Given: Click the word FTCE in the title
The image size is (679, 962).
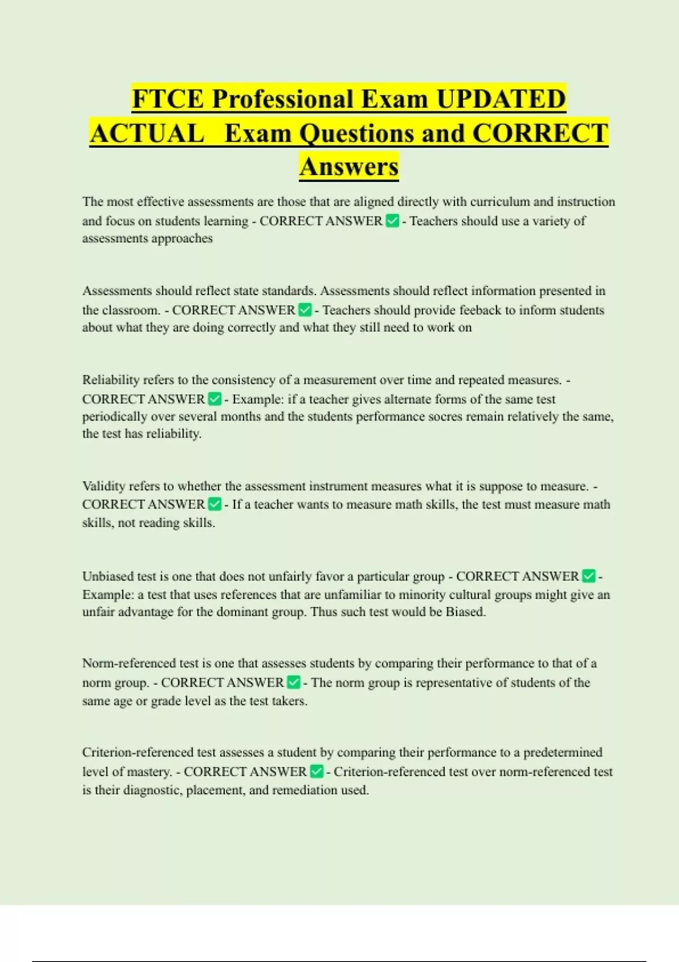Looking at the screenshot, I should point(167,99).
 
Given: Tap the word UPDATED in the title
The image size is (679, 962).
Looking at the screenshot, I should point(501,99).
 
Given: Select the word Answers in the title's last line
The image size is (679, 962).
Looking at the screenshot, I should point(349,166).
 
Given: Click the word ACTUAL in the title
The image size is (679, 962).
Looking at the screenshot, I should point(147,134).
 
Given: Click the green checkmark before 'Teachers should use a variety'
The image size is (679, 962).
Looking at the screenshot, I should point(392,221).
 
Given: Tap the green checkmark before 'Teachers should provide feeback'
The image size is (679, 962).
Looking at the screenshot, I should point(305,310).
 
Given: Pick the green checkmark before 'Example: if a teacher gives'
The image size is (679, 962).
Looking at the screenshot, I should point(214,399).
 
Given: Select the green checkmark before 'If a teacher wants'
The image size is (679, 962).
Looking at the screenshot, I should point(214,504).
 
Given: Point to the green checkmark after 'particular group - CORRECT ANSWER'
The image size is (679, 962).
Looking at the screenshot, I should point(588,576).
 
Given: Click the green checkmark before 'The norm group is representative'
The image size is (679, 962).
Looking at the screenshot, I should point(294,682).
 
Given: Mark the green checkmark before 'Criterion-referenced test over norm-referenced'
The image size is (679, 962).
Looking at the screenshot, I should point(317,771).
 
